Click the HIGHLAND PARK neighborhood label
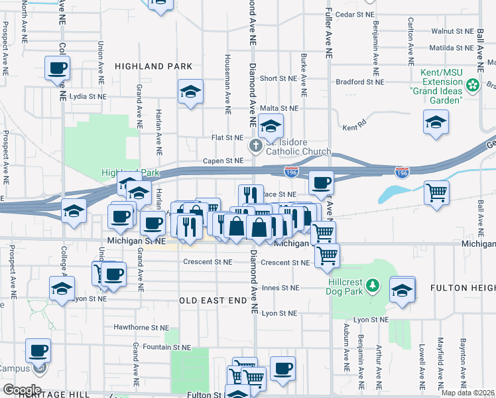153,66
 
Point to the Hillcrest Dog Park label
355,285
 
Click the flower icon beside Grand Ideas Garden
473,85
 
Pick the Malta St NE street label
279,108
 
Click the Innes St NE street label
280,288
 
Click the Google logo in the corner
21,390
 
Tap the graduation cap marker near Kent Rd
436,123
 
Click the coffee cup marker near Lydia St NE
57,68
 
